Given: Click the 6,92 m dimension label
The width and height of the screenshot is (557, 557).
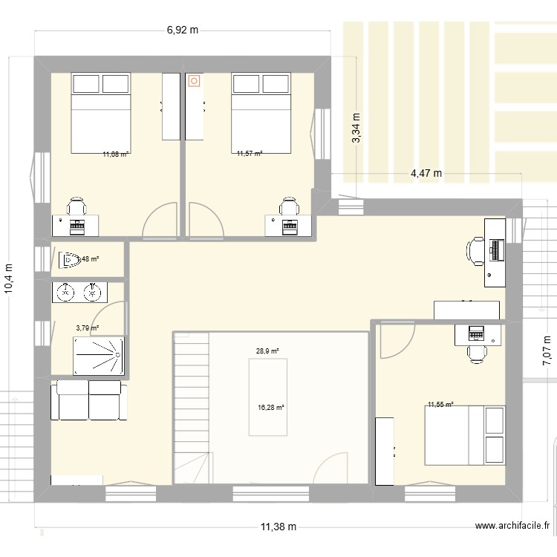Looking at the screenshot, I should (x=183, y=30).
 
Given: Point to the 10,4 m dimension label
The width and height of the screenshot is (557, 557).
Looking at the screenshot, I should (x=10, y=280).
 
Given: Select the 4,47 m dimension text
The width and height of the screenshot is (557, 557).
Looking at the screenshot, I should (x=426, y=174).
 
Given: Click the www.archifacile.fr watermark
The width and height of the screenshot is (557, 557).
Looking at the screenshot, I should (x=513, y=527).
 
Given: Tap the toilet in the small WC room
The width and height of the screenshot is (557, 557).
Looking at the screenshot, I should (x=71, y=260).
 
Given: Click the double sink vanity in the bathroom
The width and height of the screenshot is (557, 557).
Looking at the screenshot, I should (x=79, y=292).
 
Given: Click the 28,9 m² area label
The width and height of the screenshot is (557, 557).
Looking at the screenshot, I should (x=267, y=351).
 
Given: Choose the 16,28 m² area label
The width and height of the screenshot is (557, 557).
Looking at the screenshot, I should (x=271, y=407).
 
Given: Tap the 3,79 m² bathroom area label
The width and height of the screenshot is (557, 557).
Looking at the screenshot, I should (x=88, y=328).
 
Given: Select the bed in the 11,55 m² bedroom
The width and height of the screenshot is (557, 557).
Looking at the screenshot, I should (x=464, y=435).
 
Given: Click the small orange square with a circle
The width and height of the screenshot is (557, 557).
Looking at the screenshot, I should (x=195, y=80).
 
